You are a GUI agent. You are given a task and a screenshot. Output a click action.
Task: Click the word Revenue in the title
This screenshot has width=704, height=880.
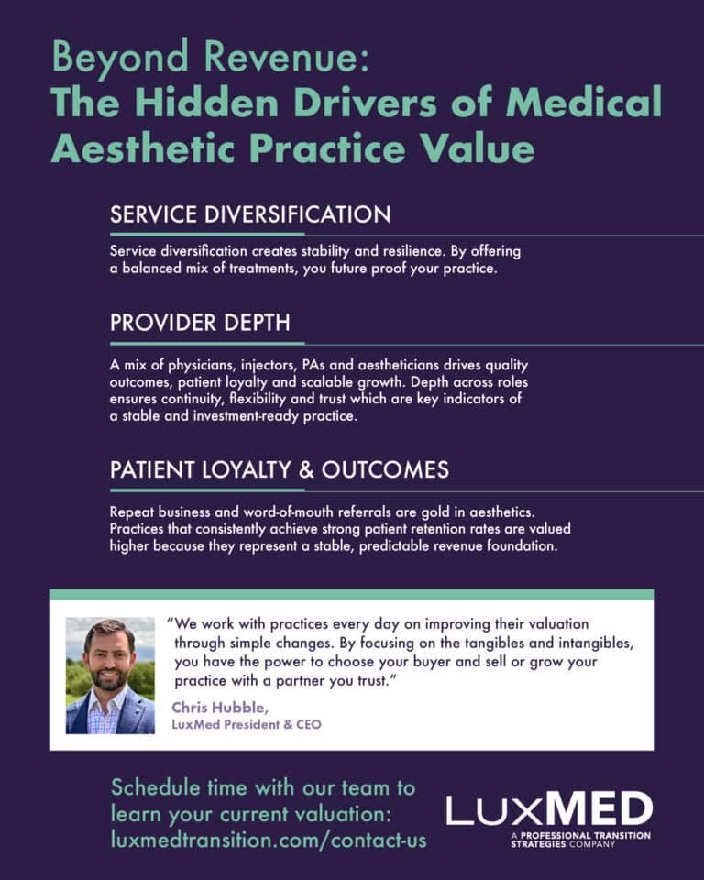(x=286, y=56)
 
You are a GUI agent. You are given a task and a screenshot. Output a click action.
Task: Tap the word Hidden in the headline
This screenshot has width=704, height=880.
(x=206, y=102)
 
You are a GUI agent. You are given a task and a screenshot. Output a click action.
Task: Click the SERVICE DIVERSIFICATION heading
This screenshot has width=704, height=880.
(x=250, y=214)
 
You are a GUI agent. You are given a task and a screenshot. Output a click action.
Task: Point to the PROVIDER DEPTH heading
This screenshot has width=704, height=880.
(x=201, y=323)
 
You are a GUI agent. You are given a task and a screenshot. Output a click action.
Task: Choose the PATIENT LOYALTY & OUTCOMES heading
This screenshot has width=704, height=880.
(x=280, y=469)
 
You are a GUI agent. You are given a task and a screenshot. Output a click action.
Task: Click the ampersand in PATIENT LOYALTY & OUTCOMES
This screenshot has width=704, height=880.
(x=306, y=469)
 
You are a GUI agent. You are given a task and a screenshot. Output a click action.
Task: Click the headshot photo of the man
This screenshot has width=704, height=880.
(x=110, y=676)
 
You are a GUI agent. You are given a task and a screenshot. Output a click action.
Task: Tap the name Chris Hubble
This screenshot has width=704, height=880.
(x=220, y=707)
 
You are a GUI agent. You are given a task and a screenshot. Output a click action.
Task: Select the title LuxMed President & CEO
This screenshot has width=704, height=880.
(x=247, y=724)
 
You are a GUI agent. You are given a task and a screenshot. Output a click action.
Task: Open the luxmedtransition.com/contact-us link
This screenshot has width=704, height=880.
(x=269, y=841)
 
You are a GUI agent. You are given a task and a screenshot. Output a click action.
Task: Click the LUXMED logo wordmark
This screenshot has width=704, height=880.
(x=550, y=808)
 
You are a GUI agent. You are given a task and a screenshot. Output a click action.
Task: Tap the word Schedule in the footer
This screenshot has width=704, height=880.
(x=156, y=787)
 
